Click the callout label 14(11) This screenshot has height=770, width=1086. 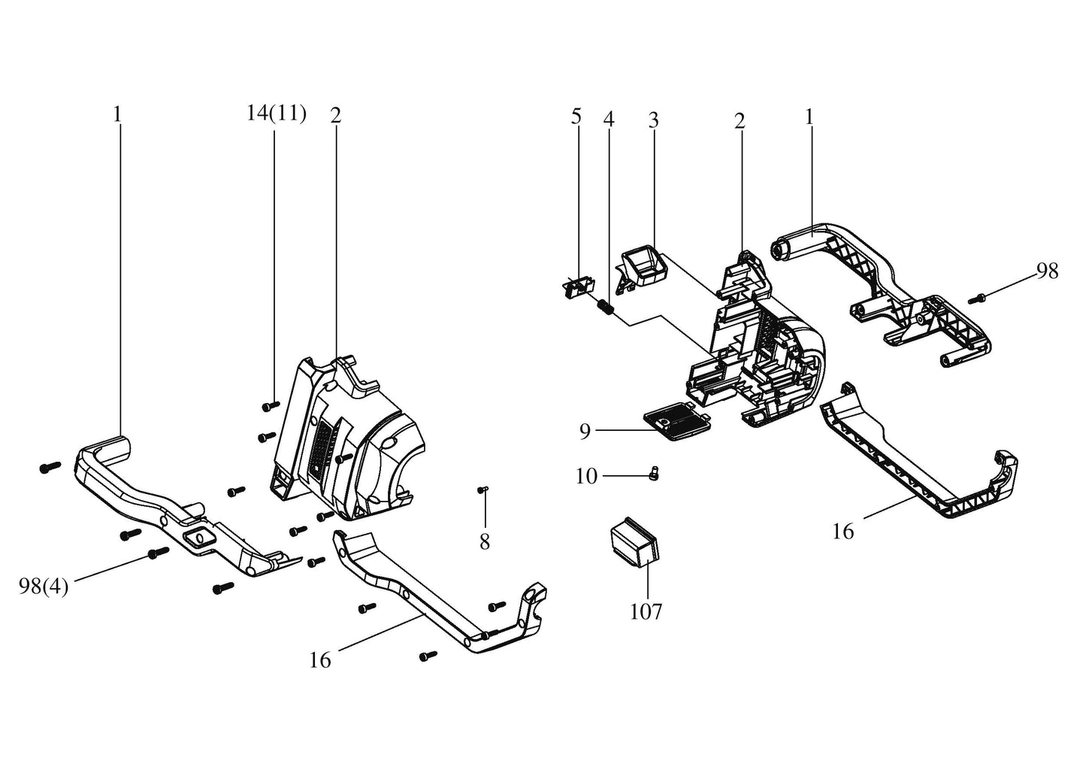click(x=276, y=114)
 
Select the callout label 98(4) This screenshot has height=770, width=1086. click(x=44, y=587)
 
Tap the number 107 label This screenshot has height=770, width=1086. click(x=646, y=611)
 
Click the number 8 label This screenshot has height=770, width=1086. click(x=485, y=541)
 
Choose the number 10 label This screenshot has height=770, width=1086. click(x=586, y=476)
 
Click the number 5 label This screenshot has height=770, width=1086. click(x=576, y=117)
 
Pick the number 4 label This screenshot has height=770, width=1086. click(x=609, y=119)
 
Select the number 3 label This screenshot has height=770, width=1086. click(x=653, y=119)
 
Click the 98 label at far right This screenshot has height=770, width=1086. click(x=1047, y=271)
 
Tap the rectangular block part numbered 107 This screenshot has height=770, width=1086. click(x=635, y=541)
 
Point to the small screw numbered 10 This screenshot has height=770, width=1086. click(x=653, y=474)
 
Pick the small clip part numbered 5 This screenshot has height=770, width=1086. click(x=579, y=286)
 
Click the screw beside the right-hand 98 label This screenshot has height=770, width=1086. click(x=977, y=299)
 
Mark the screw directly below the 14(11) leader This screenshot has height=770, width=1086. click(x=271, y=405)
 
